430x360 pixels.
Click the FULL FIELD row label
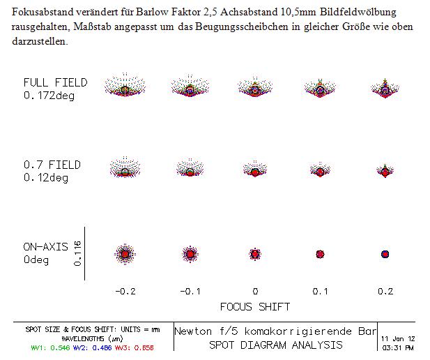(x=55, y=89)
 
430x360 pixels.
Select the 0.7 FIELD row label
(x=52, y=171)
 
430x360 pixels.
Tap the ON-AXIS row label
(x=45, y=253)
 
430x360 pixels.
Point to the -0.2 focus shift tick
(x=125, y=292)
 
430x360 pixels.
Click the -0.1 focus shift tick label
(x=190, y=292)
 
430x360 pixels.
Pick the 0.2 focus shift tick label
(x=385, y=292)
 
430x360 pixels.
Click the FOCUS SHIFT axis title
(x=255, y=307)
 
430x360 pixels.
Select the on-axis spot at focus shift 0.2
(x=385, y=254)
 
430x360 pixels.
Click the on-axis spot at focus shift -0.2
(x=125, y=254)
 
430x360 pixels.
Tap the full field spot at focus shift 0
(x=255, y=87)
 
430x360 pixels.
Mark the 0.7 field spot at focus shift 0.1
(x=320, y=170)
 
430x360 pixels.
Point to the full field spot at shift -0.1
(x=190, y=87)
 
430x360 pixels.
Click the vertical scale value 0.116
(x=77, y=253)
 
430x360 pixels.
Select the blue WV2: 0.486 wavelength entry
(x=93, y=348)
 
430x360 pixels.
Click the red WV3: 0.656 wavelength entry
(x=134, y=348)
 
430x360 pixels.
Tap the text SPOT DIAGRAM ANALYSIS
(x=275, y=345)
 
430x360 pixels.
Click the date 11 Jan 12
(x=398, y=338)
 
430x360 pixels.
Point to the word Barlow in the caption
(x=152, y=12)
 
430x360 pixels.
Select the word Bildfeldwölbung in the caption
(x=358, y=13)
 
